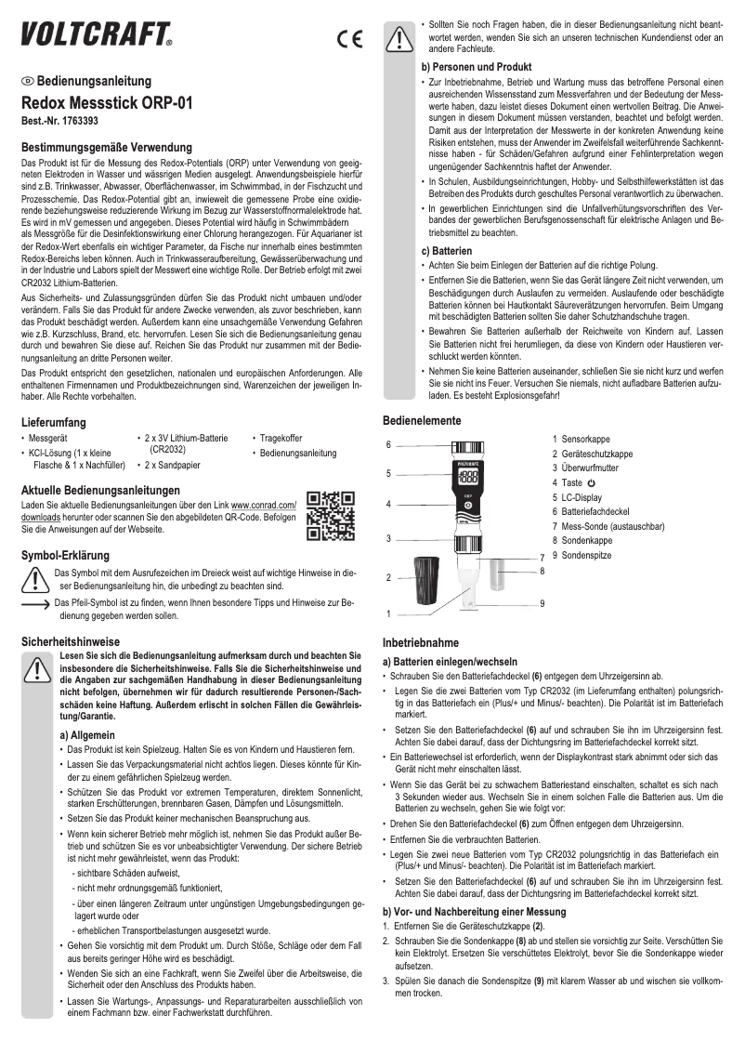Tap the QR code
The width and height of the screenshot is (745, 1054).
[x=331, y=516]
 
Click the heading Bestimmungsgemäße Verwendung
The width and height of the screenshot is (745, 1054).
[x=106, y=148]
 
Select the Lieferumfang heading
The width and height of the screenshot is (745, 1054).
[x=56, y=422]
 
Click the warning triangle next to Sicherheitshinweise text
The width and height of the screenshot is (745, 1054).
[x=36, y=669]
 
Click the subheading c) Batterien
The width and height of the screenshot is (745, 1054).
[x=452, y=251]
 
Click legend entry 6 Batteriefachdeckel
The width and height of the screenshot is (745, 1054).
[x=590, y=511]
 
